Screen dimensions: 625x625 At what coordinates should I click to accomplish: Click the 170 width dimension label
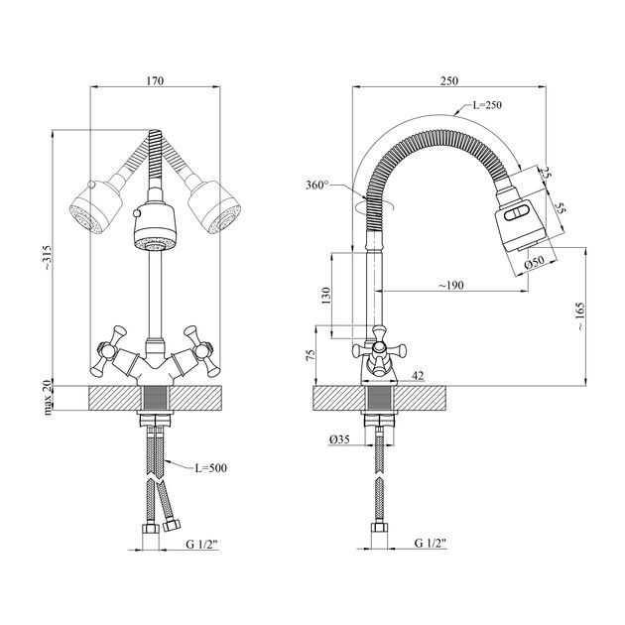(x=155, y=80)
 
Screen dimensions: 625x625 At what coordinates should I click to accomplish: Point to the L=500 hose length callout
(x=193, y=466)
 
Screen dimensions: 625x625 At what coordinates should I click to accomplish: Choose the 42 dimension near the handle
(x=417, y=375)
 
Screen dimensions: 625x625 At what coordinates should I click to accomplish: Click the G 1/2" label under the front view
(x=203, y=544)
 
